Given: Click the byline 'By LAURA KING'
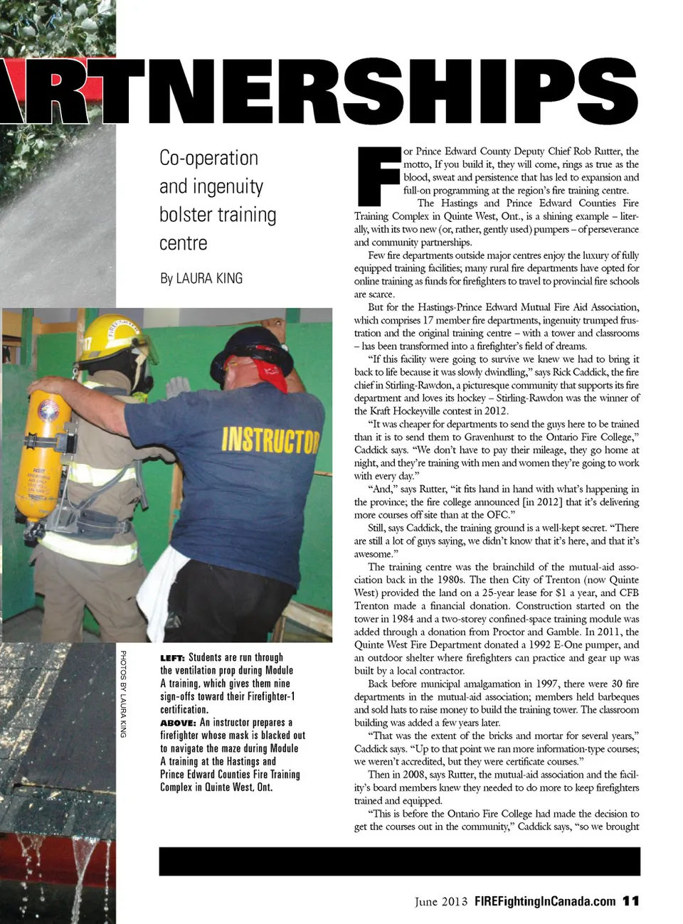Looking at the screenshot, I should [201, 278].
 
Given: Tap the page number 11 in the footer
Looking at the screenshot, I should [630, 901].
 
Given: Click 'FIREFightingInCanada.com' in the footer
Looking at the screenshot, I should [544, 901].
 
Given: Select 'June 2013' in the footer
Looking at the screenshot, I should [441, 901].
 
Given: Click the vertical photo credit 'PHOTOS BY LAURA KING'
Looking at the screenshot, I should [123, 694].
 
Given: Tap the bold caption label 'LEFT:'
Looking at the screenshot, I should [172, 658].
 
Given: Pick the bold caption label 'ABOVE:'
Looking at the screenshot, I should [178, 723].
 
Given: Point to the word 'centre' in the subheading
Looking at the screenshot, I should [184, 243].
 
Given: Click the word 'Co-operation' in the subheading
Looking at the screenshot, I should [208, 158].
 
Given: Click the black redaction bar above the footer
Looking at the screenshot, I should [399, 861].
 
